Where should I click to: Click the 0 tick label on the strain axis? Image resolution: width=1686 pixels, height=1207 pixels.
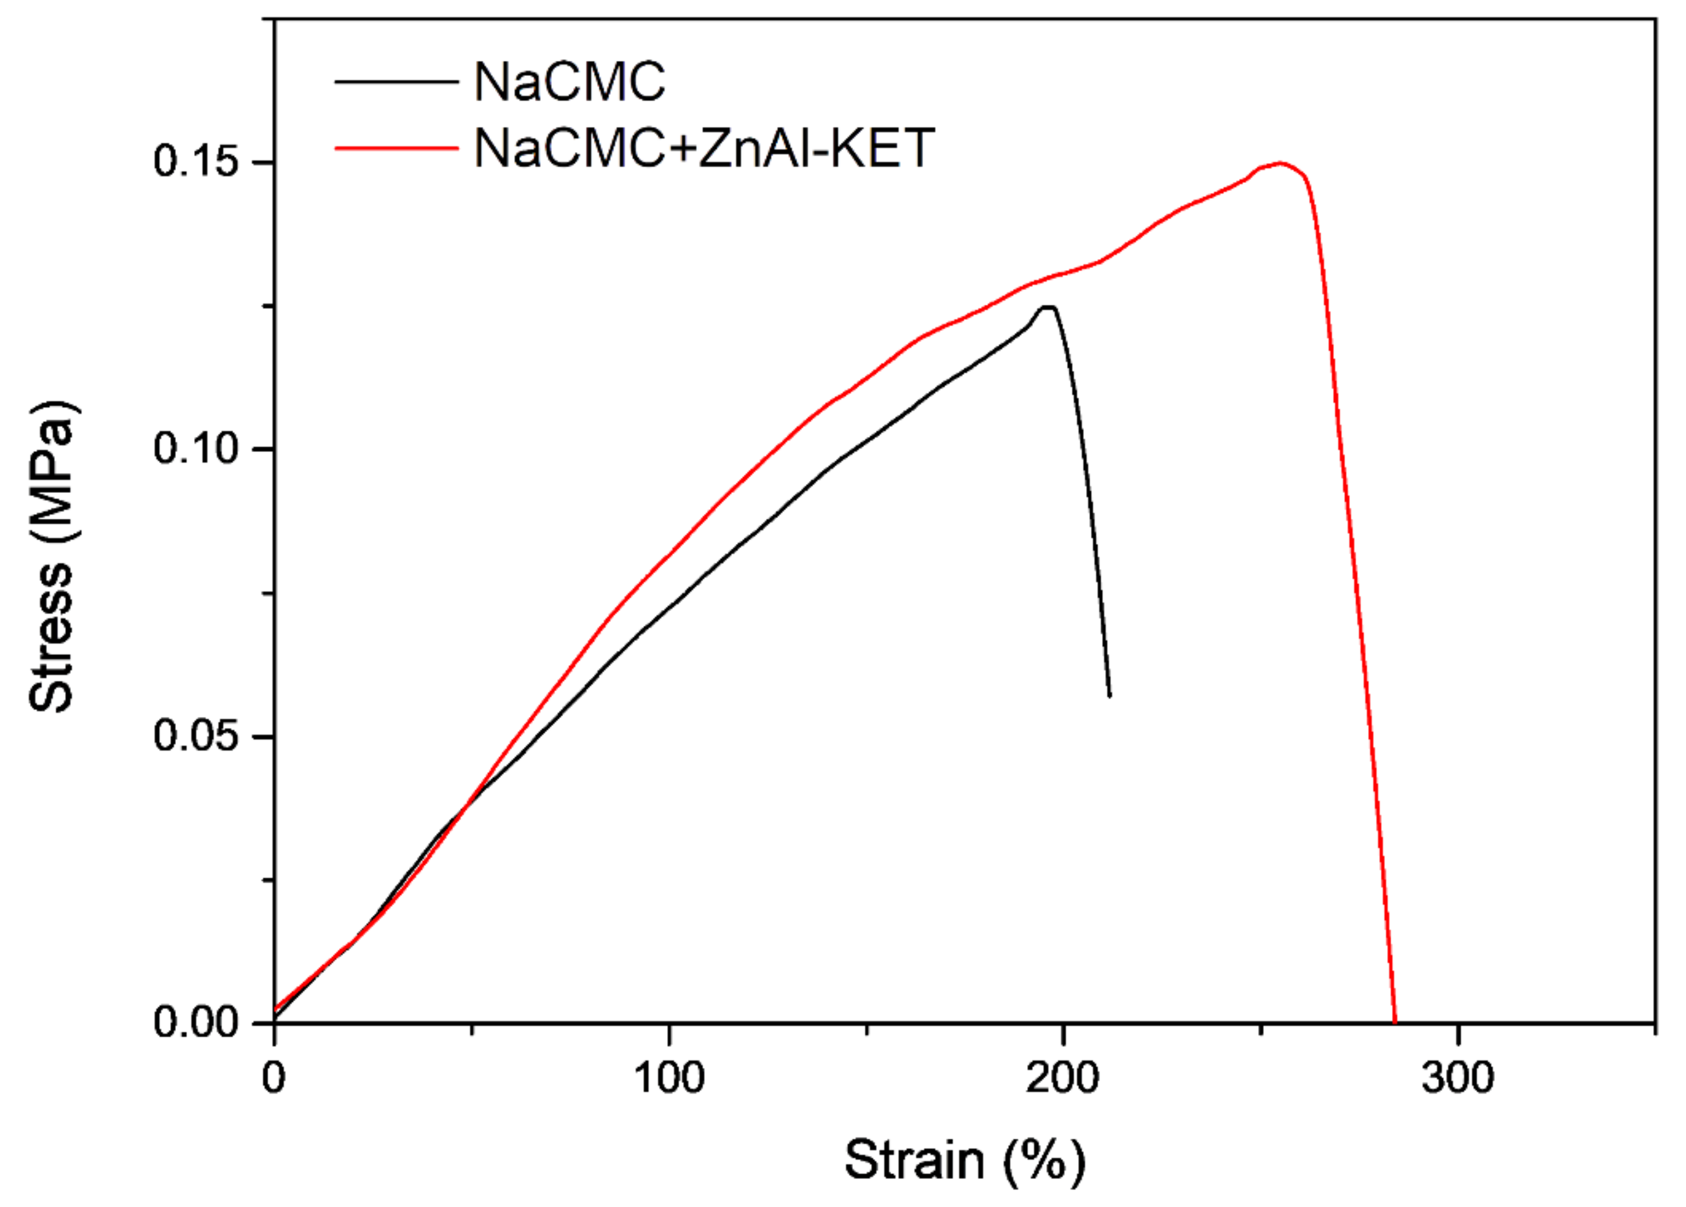point(274,1078)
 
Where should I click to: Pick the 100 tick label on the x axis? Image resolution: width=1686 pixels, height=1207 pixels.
point(669,1078)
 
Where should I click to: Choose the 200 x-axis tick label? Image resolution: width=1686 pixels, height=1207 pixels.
point(1063,1078)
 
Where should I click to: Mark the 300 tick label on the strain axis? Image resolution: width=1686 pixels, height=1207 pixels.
point(1457,1078)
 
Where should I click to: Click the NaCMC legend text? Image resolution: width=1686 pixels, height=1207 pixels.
point(569,81)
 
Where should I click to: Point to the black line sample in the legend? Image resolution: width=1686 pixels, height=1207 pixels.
point(396,81)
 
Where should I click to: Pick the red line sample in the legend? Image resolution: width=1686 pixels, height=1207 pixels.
point(396,148)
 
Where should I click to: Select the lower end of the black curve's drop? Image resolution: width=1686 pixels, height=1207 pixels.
point(1110,696)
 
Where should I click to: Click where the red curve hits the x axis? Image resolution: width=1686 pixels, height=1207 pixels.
point(1395,1022)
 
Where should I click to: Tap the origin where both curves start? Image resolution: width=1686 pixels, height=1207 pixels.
point(275,1015)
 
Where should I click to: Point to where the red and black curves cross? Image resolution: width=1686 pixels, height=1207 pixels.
point(467,806)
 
